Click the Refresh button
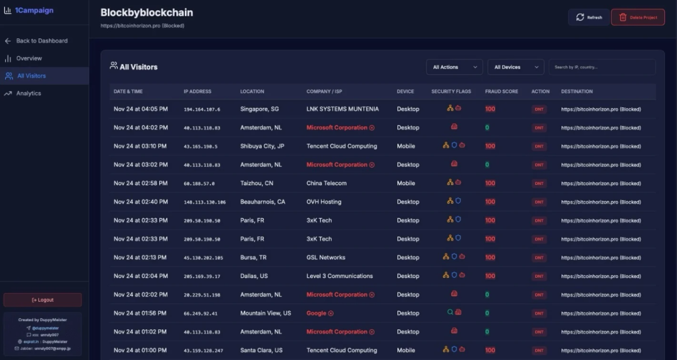[x=589, y=18]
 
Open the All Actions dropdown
[x=454, y=67]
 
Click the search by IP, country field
[x=602, y=67]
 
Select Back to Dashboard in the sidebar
[x=41, y=41]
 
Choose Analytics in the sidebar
[x=28, y=93]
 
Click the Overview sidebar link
[x=29, y=58]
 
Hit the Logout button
[x=43, y=300]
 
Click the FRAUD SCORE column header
[x=501, y=92]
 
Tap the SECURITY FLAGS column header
[x=451, y=92]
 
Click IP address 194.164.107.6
[x=202, y=109]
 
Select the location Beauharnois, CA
[x=263, y=202]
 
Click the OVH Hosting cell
[x=323, y=202]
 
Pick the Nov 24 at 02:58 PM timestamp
[x=140, y=183]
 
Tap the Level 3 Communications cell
[x=339, y=276]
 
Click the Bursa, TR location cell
[x=253, y=258]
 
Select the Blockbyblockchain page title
[x=147, y=13]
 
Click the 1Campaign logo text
[x=34, y=11]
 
